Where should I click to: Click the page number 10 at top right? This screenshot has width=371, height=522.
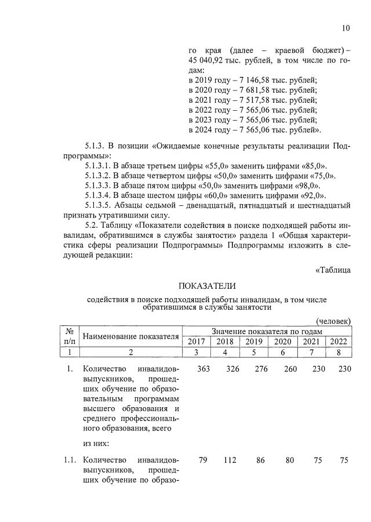(346, 28)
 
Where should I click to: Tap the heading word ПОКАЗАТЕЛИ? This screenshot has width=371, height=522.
(208, 286)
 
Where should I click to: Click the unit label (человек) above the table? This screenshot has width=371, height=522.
(333, 321)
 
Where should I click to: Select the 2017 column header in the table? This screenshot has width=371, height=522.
(197, 341)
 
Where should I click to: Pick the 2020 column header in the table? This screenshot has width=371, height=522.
(282, 341)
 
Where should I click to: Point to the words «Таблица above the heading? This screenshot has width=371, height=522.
(333, 269)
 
